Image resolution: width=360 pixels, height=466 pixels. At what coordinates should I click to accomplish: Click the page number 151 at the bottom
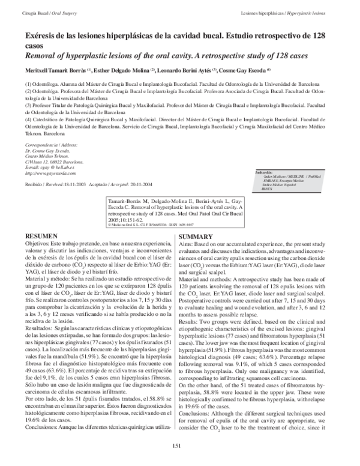(x=176, y=445)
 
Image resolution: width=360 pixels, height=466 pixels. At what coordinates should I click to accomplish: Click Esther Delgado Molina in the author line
(x=131, y=70)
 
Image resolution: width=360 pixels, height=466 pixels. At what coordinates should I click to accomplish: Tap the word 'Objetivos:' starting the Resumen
(x=37, y=245)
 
